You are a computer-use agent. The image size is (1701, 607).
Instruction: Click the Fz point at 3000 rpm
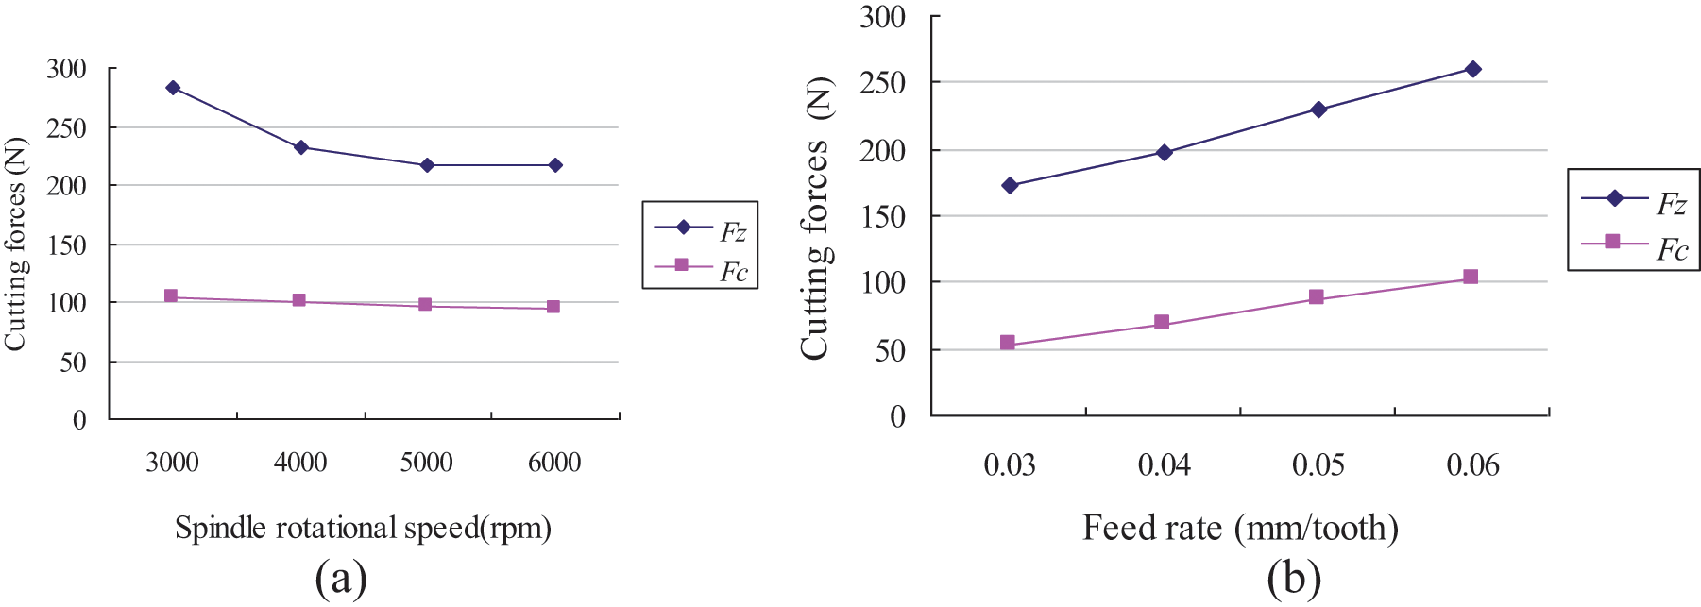[x=173, y=88]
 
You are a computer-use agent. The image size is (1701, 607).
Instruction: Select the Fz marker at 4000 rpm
[x=301, y=147]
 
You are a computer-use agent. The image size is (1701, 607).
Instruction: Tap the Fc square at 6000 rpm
[x=553, y=307]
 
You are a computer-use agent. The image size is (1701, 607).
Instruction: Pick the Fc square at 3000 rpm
[x=171, y=296]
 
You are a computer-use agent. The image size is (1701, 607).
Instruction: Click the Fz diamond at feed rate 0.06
[x=1472, y=69]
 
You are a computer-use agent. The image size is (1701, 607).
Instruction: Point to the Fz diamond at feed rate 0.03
[x=1010, y=186]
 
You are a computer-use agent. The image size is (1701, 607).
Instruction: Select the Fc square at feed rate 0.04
[x=1162, y=323]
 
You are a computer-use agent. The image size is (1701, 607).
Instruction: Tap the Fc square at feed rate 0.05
[x=1317, y=297]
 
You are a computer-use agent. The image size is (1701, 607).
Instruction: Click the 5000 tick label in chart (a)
[x=427, y=463]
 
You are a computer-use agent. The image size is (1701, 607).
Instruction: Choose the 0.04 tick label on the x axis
[x=1165, y=465]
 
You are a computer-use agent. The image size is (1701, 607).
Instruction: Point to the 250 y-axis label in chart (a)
[x=66, y=128]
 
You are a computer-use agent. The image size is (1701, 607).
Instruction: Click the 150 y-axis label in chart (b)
[x=883, y=217]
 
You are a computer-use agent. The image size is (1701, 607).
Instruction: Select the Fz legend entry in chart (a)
[x=701, y=229]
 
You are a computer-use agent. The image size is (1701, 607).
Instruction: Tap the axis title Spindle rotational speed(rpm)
[x=363, y=528]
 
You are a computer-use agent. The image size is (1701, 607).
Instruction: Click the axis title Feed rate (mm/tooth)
[x=1240, y=528]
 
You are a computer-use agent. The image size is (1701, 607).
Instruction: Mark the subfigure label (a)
[x=341, y=579]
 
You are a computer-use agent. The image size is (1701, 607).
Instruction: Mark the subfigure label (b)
[x=1294, y=579]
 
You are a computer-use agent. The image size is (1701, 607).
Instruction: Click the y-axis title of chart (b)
[x=816, y=218]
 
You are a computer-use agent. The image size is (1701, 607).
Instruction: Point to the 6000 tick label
[x=554, y=463]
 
